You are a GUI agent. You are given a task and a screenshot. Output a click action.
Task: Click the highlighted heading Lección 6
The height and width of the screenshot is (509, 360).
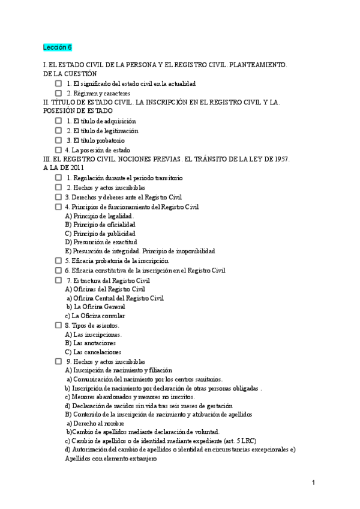click(57, 47)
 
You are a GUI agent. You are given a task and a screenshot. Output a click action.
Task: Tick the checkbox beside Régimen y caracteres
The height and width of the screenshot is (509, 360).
click(58, 93)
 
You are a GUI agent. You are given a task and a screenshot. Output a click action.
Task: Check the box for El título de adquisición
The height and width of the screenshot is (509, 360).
click(58, 121)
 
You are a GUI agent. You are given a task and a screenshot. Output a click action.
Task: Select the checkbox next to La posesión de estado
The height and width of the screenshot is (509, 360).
click(58, 149)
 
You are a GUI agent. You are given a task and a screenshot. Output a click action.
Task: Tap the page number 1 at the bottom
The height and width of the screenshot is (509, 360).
click(313, 483)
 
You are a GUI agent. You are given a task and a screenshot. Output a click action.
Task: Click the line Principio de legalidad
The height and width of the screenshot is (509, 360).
click(99, 215)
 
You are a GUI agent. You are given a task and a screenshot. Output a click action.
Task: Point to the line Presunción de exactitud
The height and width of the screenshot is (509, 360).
click(97, 242)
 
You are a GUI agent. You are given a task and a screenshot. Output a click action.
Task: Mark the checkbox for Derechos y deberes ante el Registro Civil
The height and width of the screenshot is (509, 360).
click(58, 197)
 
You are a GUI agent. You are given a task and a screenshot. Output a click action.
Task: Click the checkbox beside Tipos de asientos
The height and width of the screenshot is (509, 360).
click(58, 325)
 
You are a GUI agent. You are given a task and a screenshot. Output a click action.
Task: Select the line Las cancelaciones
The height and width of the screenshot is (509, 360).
click(93, 352)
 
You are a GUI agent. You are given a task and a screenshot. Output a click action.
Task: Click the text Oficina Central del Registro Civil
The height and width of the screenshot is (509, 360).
click(115, 298)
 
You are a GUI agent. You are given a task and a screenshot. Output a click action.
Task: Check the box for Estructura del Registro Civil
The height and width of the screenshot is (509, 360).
click(58, 280)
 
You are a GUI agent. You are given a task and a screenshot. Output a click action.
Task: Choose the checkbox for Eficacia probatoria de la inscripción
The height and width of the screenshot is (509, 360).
click(58, 261)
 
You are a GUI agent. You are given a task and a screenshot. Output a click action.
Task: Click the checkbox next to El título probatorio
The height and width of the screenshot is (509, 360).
click(58, 140)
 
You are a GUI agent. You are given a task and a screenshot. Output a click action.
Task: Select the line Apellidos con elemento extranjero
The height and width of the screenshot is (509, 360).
click(110, 459)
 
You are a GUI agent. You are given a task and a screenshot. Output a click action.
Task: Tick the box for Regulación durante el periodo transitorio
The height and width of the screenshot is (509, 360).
click(58, 178)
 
